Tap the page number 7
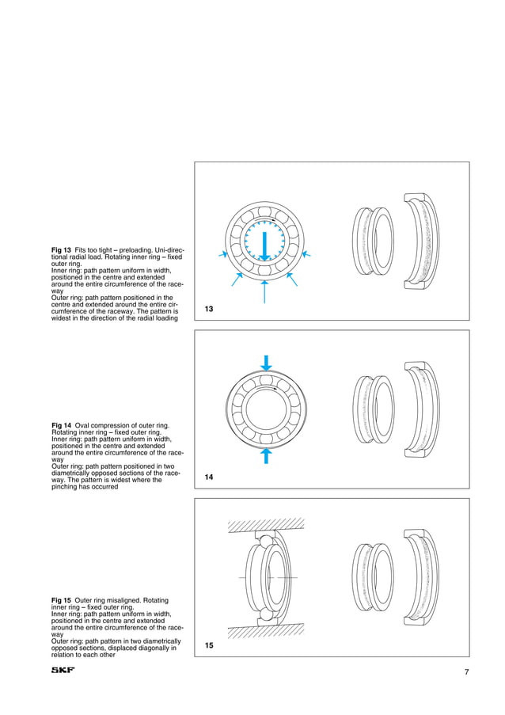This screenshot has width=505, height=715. tap(467, 672)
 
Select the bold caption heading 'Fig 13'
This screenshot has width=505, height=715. tap(62, 250)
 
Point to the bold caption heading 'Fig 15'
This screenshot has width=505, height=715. tap(62, 600)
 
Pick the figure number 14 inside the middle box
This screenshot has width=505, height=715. tap(209, 477)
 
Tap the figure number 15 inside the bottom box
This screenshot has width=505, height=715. tap(209, 646)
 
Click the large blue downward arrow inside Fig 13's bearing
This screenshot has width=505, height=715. tap(265, 245)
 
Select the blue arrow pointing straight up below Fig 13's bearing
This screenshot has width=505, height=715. tap(265, 294)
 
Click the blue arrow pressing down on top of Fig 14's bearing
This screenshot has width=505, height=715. tap(267, 363)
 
